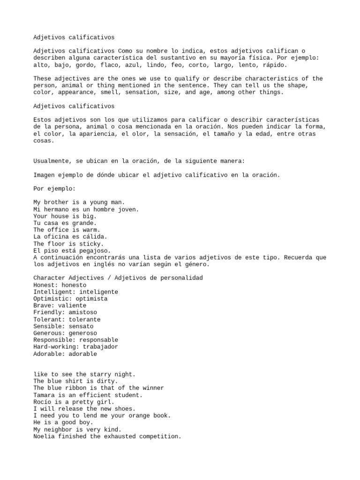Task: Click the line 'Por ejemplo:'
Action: click(x=54, y=188)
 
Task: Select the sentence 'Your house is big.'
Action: click(x=65, y=216)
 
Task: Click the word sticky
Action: click(x=93, y=244)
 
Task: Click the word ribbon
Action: click(x=79, y=388)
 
